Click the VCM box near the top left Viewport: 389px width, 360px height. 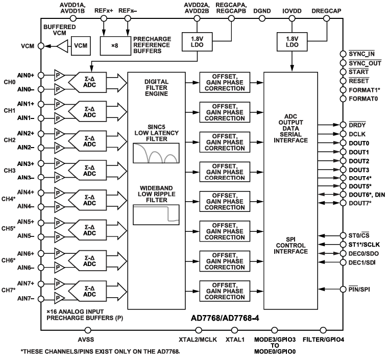click(x=81, y=45)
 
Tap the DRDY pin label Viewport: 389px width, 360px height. click(x=357, y=126)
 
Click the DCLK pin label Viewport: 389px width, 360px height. click(x=357, y=134)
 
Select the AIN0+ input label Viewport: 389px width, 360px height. click(x=25, y=75)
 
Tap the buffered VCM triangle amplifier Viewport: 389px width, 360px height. click(x=61, y=45)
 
